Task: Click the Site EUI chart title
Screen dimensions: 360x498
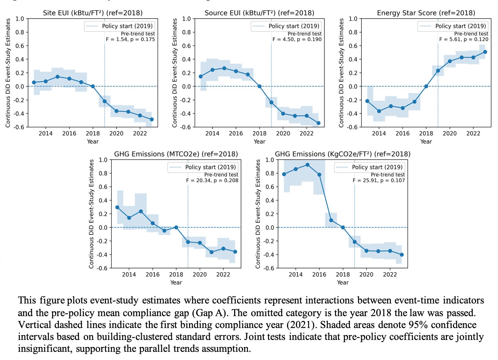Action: [x=93, y=13]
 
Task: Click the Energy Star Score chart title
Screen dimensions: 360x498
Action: [x=426, y=13]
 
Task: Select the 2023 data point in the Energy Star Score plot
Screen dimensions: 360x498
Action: [x=485, y=52]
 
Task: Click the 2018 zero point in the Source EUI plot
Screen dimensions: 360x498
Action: [x=259, y=86]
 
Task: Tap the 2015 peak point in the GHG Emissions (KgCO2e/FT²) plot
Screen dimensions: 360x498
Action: [x=307, y=165]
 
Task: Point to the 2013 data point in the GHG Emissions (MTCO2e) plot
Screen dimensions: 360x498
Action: [x=117, y=207]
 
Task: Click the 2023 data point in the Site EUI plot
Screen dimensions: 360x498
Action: [x=151, y=119]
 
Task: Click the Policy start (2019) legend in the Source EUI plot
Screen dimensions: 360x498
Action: [x=286, y=26]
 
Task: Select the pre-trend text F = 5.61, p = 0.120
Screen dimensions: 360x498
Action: [x=464, y=39]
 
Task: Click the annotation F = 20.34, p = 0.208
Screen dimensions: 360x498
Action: [x=212, y=180]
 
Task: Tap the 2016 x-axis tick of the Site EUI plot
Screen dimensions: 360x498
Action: [x=69, y=134]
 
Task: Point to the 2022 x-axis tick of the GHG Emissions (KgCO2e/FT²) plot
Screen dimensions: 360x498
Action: [x=390, y=274]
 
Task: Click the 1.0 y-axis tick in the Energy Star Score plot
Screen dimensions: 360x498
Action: [x=353, y=19]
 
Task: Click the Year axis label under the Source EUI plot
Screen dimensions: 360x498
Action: [x=259, y=141]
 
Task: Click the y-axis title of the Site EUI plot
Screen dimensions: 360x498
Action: [x=8, y=73]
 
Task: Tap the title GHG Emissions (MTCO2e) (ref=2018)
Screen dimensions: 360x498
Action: [x=176, y=154]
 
